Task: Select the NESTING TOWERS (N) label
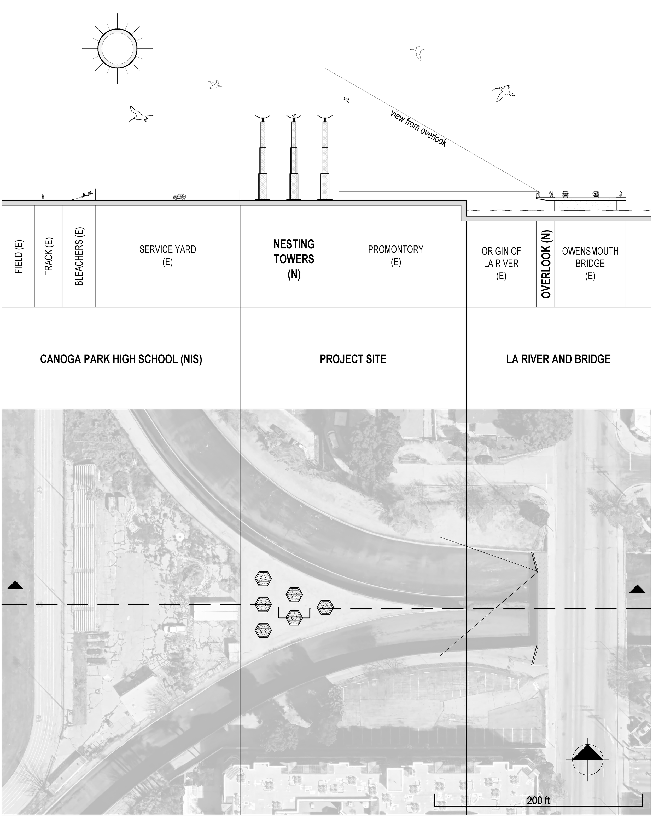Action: click(294, 259)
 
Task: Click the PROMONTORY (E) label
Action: click(395, 255)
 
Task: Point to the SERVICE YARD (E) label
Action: click(168, 255)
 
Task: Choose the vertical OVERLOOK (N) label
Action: click(545, 264)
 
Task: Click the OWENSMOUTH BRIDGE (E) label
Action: click(590, 263)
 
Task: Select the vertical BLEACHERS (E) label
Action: click(79, 256)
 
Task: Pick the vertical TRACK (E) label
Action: click(49, 256)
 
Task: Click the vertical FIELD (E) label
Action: click(19, 256)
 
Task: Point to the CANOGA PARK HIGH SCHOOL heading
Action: click(121, 359)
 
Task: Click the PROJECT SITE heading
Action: click(353, 359)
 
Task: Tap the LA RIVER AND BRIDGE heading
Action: click(558, 359)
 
